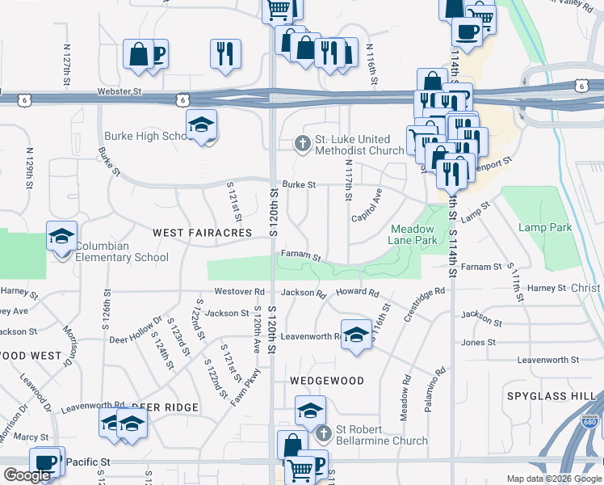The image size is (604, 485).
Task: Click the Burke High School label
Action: pos(145,137)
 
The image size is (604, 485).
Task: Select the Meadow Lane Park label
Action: pos(414,235)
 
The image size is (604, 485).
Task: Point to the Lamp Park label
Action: pos(545,228)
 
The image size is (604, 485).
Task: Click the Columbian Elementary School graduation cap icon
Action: pos(61,237)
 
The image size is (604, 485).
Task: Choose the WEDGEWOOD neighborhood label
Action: pos(326,380)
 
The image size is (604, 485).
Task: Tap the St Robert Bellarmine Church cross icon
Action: pos(323,434)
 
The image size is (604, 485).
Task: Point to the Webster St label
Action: pos(120,94)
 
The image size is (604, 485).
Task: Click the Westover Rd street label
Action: pos(239,291)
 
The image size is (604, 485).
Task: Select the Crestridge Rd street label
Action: pos(425,302)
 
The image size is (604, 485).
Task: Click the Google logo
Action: pos(27,476)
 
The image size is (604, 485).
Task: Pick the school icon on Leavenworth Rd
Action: pos(355,337)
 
